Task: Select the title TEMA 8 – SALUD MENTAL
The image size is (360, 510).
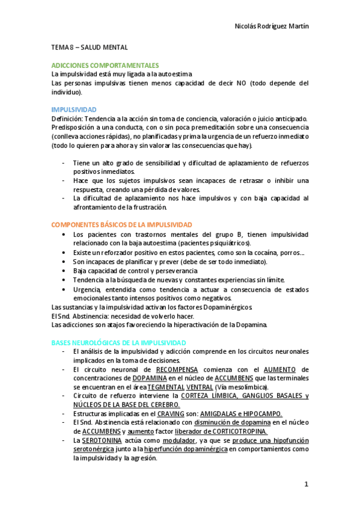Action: [x=90, y=47]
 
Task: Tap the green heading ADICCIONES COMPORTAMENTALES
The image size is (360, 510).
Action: [x=105, y=65]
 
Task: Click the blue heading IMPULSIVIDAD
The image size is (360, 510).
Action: [x=74, y=109]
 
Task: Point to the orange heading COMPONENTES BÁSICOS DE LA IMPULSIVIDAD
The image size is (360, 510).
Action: [x=122, y=224]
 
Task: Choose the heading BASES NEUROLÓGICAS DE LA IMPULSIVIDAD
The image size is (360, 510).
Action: [x=119, y=342]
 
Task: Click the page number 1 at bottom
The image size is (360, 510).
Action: [x=306, y=484]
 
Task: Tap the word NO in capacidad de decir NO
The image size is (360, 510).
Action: [x=240, y=83]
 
